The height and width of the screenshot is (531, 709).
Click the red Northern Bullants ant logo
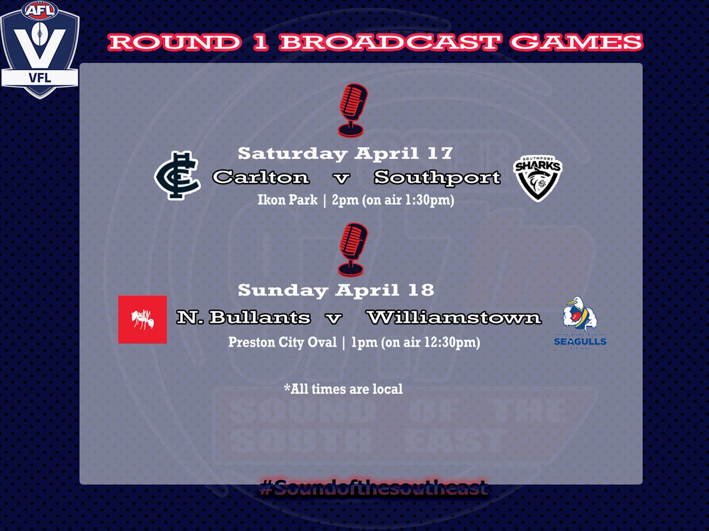[142, 319]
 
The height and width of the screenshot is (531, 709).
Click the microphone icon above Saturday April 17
[353, 109]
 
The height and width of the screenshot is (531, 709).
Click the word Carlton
[261, 176]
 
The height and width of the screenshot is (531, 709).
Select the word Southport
[437, 176]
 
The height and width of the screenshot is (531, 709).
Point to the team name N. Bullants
[243, 317]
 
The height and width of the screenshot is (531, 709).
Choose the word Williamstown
[453, 317]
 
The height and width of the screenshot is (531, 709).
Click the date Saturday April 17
[345, 154]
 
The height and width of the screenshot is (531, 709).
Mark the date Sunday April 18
[336, 290]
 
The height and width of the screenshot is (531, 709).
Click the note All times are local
[343, 389]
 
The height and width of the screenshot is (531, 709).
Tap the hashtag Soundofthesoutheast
[373, 489]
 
